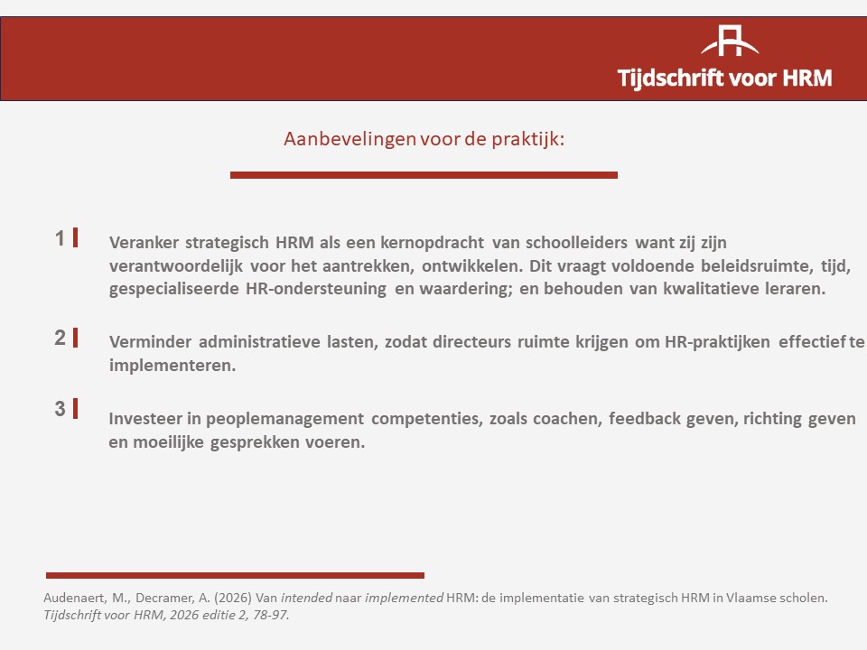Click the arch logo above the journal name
point(730,41)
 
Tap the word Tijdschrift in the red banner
point(670,78)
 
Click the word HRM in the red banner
point(807,78)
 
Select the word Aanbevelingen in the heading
point(350,139)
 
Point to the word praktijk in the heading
point(528,139)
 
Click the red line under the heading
point(424,175)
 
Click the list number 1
point(61,238)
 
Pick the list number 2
point(61,337)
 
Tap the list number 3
point(61,408)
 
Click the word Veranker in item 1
point(144,243)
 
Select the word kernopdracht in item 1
point(432,243)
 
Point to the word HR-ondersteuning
point(316,289)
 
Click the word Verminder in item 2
point(151,341)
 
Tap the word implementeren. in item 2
point(172,366)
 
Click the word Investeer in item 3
point(147,418)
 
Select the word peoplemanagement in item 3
point(284,419)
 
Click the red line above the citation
point(235,575)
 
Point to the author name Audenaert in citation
point(75,598)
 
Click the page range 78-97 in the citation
point(271,615)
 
